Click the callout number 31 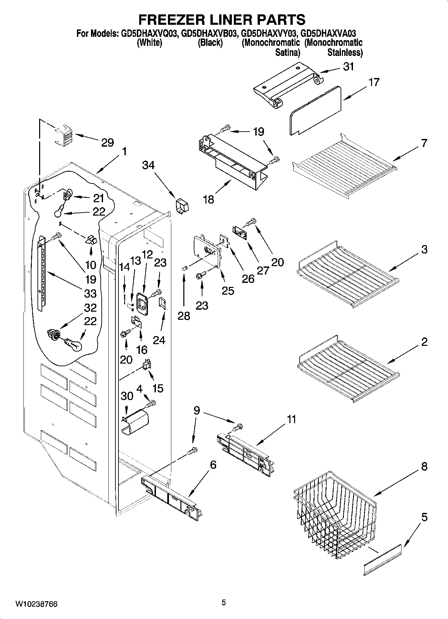(348, 67)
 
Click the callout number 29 (107, 143)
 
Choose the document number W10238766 (36, 604)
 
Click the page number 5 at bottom (224, 603)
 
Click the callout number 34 (149, 165)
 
